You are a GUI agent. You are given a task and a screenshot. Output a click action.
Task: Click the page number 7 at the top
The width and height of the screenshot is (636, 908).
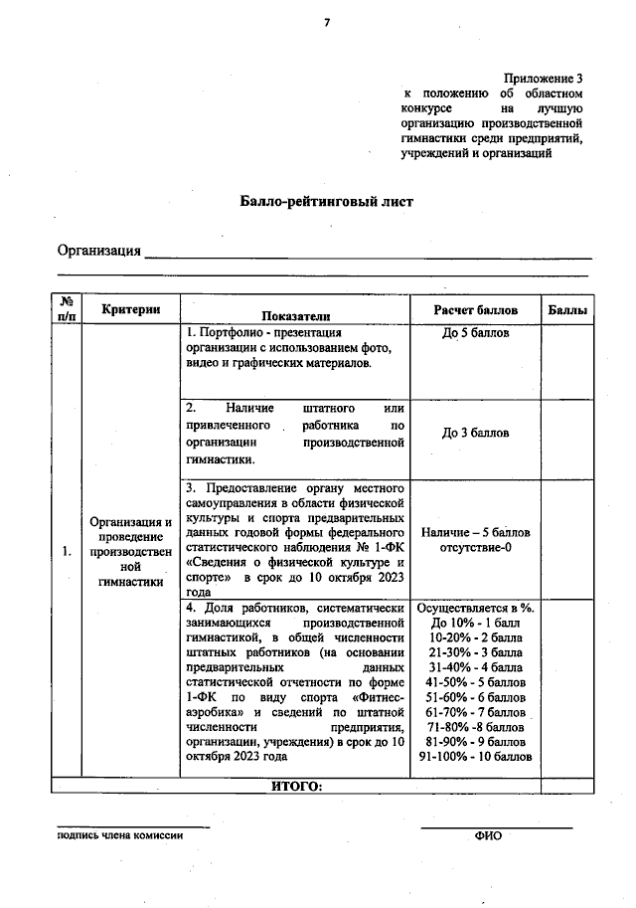tap(325, 23)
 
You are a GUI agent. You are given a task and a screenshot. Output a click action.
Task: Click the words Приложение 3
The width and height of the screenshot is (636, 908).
tap(543, 78)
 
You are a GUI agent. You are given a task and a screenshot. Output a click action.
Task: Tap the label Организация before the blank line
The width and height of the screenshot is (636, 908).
tap(98, 250)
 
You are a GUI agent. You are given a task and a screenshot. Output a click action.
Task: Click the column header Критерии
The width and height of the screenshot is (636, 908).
tap(131, 309)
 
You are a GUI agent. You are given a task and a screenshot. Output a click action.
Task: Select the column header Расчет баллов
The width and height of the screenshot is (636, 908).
tap(475, 309)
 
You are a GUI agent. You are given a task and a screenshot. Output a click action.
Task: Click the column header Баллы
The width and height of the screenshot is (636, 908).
tap(567, 310)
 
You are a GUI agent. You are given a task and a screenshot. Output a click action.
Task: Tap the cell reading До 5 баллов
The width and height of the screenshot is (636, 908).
tap(475, 332)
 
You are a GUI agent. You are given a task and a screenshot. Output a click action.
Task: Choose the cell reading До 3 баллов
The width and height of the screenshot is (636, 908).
tap(475, 434)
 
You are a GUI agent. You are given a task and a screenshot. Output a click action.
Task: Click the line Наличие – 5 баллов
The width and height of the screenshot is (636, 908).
tap(475, 533)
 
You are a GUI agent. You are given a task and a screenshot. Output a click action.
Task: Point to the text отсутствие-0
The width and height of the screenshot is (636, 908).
tap(475, 548)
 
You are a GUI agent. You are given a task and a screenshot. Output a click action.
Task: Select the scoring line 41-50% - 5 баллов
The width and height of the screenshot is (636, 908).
tap(475, 683)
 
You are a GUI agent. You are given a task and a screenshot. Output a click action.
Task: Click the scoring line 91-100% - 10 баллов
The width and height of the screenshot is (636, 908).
tap(475, 756)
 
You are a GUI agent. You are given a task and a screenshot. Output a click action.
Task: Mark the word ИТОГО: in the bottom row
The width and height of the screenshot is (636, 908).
tap(296, 786)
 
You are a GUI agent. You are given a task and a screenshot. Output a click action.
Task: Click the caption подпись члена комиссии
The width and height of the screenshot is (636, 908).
tap(120, 835)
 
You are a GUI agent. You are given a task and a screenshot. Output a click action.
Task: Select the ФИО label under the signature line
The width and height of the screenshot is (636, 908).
tap(488, 836)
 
